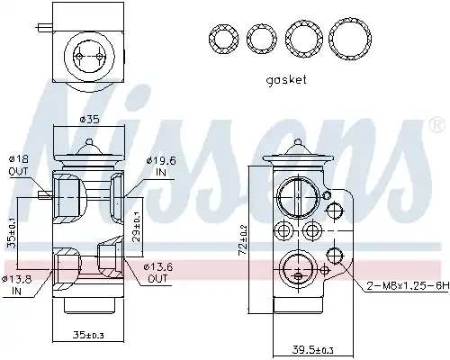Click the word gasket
[x=286, y=80]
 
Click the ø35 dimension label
[x=89, y=120]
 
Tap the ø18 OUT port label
[x=18, y=166]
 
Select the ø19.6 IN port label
[x=161, y=166]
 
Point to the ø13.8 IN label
[x=16, y=285]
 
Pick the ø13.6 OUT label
[x=158, y=273]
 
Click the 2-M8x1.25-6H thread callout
[x=409, y=286]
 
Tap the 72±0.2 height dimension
[x=243, y=239]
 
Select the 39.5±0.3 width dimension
[x=312, y=349]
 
